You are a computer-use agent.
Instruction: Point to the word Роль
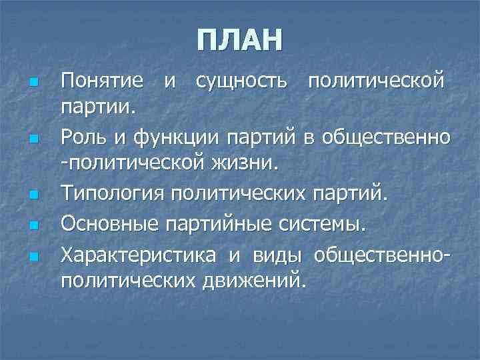click(82, 138)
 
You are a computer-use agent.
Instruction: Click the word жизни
click(255, 162)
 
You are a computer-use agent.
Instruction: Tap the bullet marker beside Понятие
click(33, 82)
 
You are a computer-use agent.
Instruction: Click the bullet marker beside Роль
click(33, 139)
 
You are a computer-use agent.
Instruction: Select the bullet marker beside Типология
click(33, 195)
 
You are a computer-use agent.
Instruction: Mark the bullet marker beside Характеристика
click(33, 256)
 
